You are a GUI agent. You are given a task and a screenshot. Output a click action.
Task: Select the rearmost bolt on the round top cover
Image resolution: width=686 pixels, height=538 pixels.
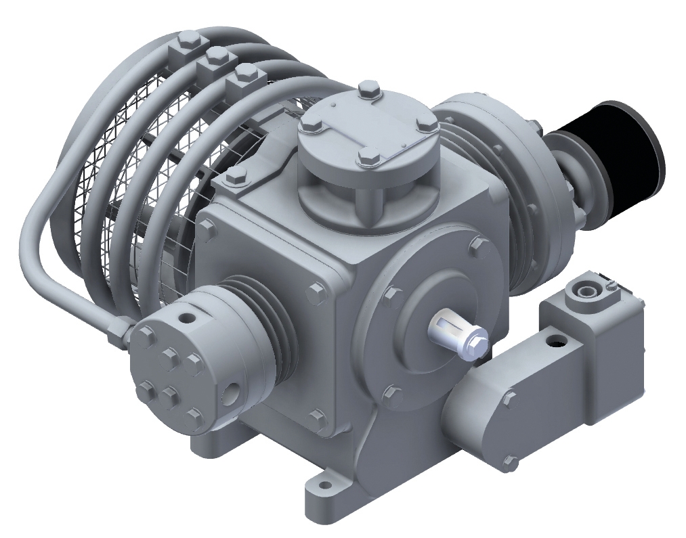pos(368,88)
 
